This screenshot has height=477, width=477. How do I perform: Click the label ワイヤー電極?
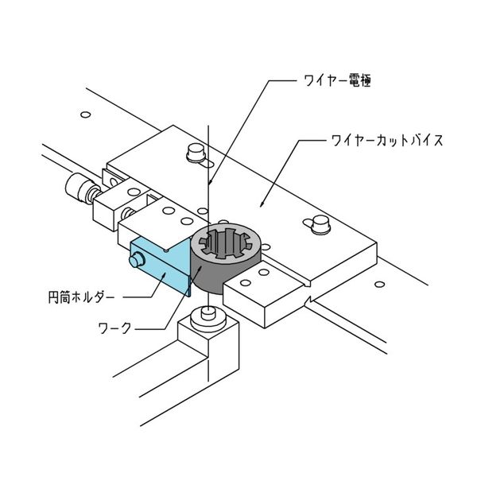[x=337, y=81]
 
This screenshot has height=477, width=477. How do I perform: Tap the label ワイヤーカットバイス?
[x=387, y=141]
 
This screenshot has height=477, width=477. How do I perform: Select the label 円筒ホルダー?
[x=82, y=297]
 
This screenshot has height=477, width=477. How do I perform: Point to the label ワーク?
[x=114, y=328]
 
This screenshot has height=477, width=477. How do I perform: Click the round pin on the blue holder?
[x=136, y=259]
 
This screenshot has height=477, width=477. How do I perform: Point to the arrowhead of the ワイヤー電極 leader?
[x=209, y=182]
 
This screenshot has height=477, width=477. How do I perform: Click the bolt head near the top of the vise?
[x=196, y=153]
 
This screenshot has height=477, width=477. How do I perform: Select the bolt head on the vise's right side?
[x=320, y=224]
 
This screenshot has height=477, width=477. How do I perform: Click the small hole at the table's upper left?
[x=86, y=114]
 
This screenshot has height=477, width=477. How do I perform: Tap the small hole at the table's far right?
[x=379, y=285]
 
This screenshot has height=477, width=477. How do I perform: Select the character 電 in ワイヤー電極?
[x=352, y=81]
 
